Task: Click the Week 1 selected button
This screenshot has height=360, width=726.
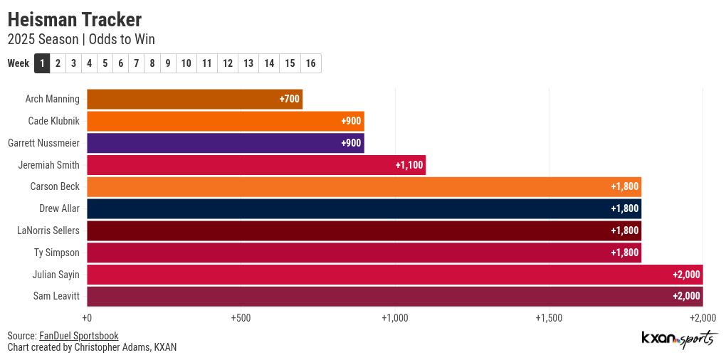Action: tap(42, 63)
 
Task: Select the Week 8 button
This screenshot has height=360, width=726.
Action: tap(152, 63)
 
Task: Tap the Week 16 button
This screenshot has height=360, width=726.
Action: tap(311, 63)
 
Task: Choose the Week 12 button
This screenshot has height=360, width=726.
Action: tap(228, 63)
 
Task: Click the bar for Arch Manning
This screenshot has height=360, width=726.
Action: tap(194, 99)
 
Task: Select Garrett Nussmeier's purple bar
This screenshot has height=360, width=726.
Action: tap(225, 143)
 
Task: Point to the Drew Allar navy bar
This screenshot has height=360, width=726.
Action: tap(364, 208)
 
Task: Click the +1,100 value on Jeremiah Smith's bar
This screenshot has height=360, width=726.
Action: tap(409, 165)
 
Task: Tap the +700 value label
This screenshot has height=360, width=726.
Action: tap(289, 99)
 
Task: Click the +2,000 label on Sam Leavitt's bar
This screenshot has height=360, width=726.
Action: tap(686, 296)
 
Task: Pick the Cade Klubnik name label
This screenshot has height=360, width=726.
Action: tap(53, 121)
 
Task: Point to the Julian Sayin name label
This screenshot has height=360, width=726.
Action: tap(56, 275)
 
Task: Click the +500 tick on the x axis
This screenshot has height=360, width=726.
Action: tap(241, 318)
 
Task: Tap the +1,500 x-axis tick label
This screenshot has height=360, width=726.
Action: tap(548, 318)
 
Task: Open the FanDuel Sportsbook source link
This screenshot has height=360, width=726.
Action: tap(78, 336)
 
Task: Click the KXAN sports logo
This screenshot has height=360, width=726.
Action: tap(677, 339)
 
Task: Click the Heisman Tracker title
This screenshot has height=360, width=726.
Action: tap(74, 19)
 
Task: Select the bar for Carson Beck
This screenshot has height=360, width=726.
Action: tap(364, 186)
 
